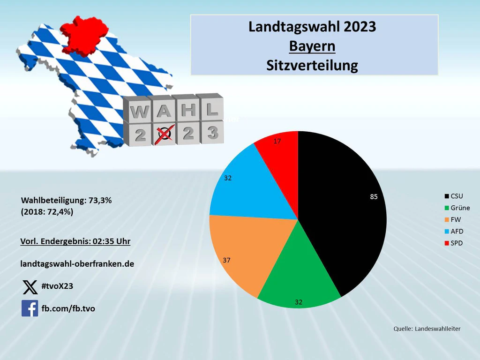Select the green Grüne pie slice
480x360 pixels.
pyautogui.click(x=299, y=276)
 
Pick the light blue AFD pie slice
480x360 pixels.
pyautogui.click(x=251, y=190)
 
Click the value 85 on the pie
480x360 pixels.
pyautogui.click(x=374, y=197)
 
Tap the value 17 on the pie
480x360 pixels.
pyautogui.click(x=277, y=141)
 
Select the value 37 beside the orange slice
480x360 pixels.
pyautogui.click(x=226, y=260)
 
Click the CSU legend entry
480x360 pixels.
pyautogui.click(x=454, y=196)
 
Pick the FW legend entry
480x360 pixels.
pyautogui.click(x=453, y=219)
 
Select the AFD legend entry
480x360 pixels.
pyautogui.click(x=454, y=232)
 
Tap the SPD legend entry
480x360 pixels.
pyautogui.click(x=454, y=243)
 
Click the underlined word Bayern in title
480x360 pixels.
pyautogui.click(x=312, y=46)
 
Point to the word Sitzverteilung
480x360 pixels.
pyautogui.click(x=312, y=65)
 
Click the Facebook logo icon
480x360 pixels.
pyautogui.click(x=30, y=308)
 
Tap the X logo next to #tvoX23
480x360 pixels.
pyautogui.click(x=30, y=287)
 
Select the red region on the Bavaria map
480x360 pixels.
pyautogui.click(x=84, y=35)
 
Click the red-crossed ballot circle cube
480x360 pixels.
pyautogui.click(x=165, y=134)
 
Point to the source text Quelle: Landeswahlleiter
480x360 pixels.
pyautogui.click(x=427, y=329)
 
